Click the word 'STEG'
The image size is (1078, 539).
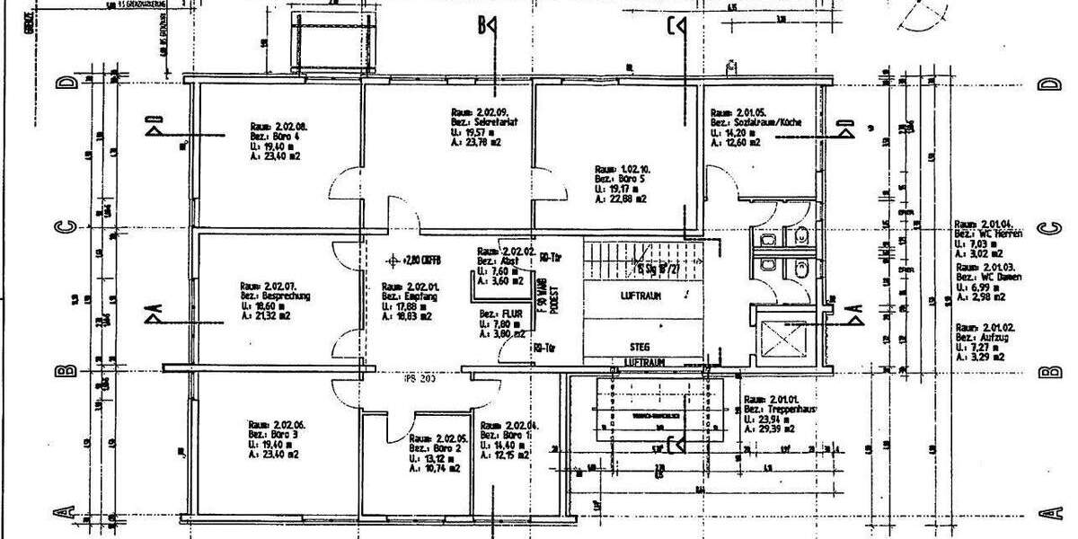coord(641,346)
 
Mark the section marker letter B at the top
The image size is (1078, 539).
coord(483,26)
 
